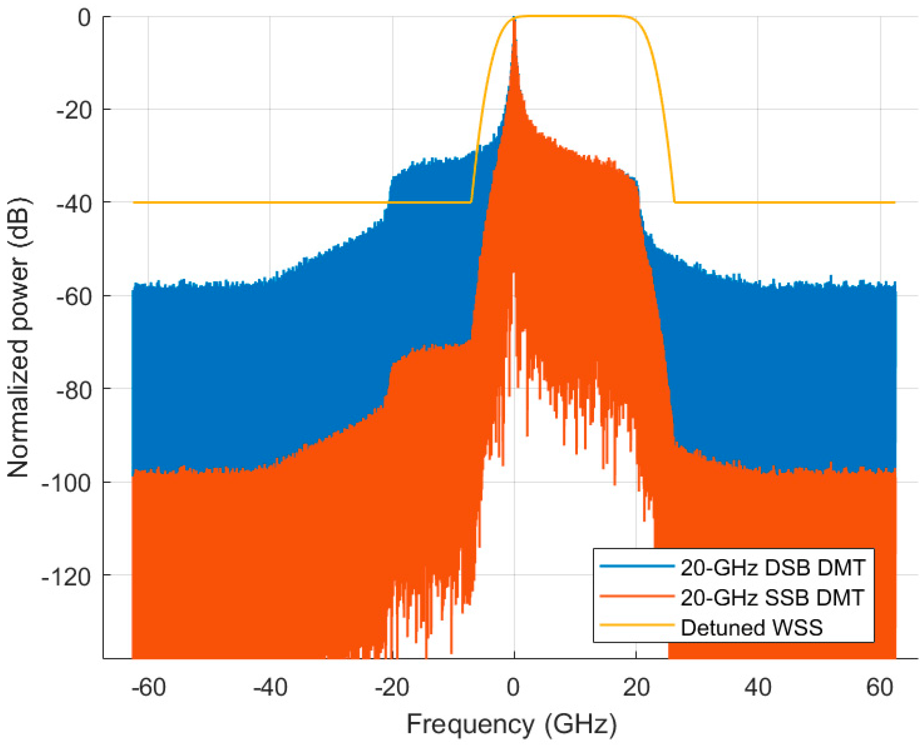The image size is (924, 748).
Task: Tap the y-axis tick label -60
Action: [x=74, y=297]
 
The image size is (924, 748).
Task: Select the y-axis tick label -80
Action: [x=74, y=391]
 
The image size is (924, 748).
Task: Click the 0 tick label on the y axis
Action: [x=84, y=18]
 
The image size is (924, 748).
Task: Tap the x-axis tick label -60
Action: [x=148, y=687]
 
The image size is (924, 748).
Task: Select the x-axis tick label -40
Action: [x=270, y=687]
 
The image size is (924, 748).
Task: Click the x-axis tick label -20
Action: [x=392, y=687]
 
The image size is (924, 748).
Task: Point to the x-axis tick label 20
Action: [x=636, y=687]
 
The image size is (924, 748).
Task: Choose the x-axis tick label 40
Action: [x=758, y=687]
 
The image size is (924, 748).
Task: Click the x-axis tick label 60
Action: [x=880, y=687]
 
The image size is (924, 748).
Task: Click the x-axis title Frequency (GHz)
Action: [x=511, y=724]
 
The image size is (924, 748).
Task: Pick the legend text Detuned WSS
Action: [x=752, y=627]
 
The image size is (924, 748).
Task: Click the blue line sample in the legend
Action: [x=637, y=566]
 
